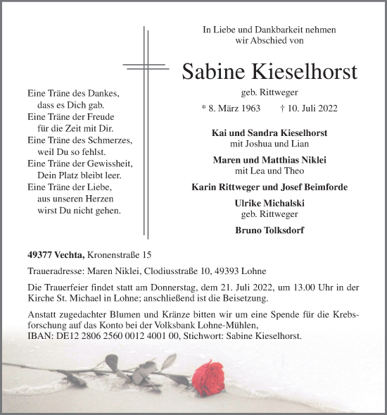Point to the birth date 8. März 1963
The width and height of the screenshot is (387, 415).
[230, 109]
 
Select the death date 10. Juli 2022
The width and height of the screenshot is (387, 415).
[312, 109]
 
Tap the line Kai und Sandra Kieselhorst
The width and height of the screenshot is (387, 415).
[269, 133]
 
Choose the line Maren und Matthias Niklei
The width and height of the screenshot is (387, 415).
[269, 160]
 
